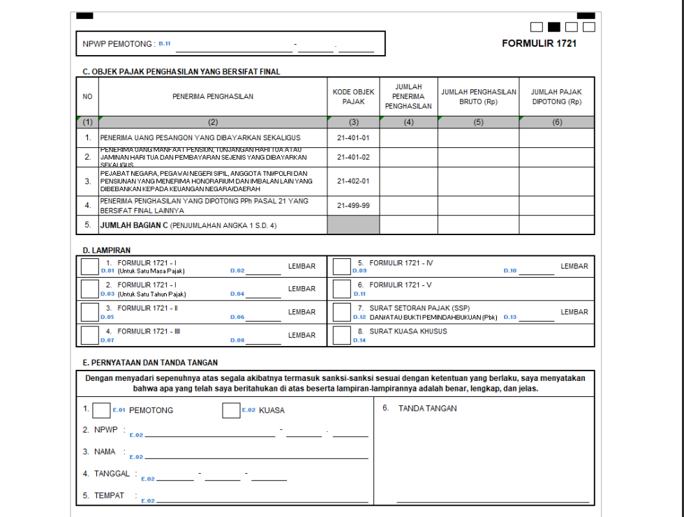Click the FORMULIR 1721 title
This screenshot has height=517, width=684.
click(x=539, y=43)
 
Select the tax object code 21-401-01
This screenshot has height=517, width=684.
click(x=353, y=138)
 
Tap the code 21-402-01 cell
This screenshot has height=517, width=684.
click(x=353, y=181)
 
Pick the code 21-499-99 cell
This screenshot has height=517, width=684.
click(x=353, y=206)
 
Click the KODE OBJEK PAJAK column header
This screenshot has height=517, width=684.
click(x=353, y=96)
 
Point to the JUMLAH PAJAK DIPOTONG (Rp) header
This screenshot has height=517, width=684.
click(x=556, y=96)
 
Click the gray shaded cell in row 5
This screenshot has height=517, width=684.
click(x=353, y=225)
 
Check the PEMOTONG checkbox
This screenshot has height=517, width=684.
click(x=101, y=410)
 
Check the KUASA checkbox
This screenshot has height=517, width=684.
click(x=231, y=410)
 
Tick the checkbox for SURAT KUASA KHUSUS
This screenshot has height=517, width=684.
click(x=341, y=335)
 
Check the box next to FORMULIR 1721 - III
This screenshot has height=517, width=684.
click(x=90, y=335)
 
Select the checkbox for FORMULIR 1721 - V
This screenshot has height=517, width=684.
click(x=341, y=289)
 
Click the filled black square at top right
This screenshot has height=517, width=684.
click(x=554, y=27)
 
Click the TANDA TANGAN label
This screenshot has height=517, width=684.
click(x=427, y=408)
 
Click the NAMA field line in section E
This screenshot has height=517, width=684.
click(x=255, y=458)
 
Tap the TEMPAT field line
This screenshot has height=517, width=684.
click(x=255, y=502)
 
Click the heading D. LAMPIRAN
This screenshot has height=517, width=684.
click(x=106, y=250)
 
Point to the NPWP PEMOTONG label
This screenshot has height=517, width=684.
click(x=118, y=44)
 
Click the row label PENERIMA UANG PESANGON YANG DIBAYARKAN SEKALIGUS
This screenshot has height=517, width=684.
click(x=205, y=138)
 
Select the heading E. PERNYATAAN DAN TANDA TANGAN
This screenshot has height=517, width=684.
click(x=150, y=363)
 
